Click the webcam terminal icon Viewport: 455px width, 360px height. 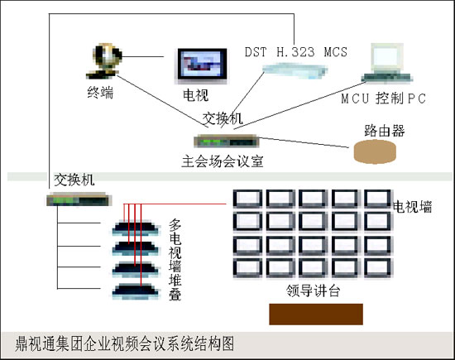click(104, 61)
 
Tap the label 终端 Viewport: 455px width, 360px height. click(100, 93)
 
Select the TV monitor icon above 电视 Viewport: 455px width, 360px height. click(202, 66)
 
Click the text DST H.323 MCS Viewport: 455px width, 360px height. click(296, 52)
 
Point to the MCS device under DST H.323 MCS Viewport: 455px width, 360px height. click(295, 71)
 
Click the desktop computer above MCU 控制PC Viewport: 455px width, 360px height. click(387, 62)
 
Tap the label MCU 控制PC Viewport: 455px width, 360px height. click(383, 98)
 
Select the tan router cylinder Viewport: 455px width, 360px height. click(375, 151)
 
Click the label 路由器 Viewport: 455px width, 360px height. click(385, 131)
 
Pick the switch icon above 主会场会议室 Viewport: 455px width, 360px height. click(226, 141)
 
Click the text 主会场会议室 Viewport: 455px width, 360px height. click(223, 161)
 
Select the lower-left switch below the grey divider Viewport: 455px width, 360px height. click(79, 199)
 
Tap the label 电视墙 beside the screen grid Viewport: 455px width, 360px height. click(412, 207)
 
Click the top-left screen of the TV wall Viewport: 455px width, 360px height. click(247, 199)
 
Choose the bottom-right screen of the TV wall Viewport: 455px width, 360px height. click(378, 267)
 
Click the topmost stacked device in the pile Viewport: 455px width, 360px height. click(136, 228)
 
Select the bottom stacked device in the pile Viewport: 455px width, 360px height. click(136, 291)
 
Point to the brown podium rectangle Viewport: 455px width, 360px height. click(316, 314)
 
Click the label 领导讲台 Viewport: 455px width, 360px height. click(313, 290)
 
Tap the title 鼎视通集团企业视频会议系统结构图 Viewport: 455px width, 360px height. click(125, 344)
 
